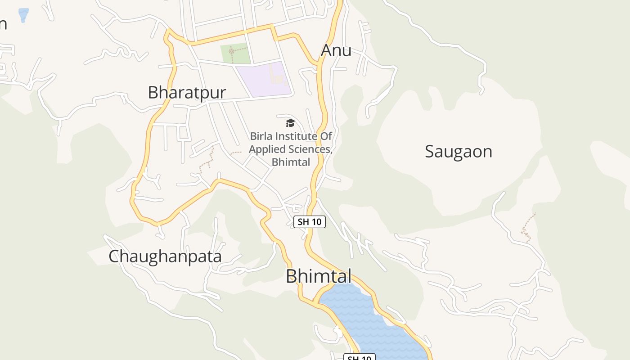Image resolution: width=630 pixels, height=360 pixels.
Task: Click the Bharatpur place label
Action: (187, 93)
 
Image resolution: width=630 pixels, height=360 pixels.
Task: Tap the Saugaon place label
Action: (458, 152)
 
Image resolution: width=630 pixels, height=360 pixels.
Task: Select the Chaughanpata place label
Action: (165, 256)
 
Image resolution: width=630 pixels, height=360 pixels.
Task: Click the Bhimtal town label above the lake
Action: (318, 276)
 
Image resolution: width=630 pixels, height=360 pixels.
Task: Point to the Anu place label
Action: (336, 50)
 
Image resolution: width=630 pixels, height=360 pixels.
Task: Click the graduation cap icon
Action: (290, 123)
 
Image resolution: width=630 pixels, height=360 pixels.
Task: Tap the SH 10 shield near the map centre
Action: (309, 221)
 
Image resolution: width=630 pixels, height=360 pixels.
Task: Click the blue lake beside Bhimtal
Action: (369, 319)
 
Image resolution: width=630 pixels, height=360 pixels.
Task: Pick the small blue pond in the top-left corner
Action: (23, 15)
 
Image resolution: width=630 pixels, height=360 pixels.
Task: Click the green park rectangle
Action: (235, 54)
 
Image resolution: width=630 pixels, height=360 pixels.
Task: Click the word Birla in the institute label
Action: (261, 136)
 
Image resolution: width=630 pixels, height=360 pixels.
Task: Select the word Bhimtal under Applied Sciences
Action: (291, 162)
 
